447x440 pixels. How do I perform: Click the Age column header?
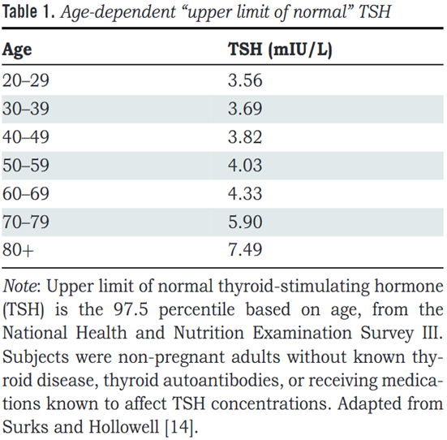17,50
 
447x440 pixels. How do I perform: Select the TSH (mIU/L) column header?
280,50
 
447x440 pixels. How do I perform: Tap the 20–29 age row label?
26,80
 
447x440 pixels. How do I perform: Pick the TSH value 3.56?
245,80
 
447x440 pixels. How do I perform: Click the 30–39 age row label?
26,109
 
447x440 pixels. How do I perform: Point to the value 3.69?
245,109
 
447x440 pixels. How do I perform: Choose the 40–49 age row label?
26,137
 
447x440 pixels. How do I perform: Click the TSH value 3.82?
245,137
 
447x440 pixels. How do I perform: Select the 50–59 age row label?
26,166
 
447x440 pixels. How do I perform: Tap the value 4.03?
245,166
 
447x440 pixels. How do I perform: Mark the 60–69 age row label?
26,193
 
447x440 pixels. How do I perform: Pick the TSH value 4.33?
245,193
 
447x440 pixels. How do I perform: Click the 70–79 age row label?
26,222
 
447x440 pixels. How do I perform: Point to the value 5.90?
245,222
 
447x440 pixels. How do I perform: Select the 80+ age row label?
18,250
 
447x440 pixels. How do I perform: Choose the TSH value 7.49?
245,250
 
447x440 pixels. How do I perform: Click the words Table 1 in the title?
28,12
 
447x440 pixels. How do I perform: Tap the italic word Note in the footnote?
19,286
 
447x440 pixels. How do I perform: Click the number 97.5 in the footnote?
131,309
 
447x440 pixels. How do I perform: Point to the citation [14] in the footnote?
181,427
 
